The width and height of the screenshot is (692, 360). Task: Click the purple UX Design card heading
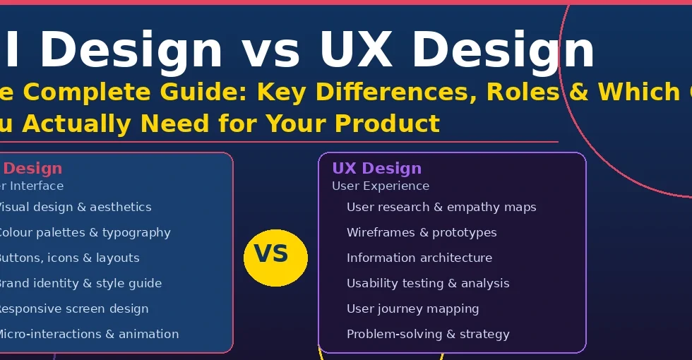(x=376, y=168)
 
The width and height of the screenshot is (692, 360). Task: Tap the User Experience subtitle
(x=381, y=186)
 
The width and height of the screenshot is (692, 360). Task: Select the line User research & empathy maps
(x=441, y=207)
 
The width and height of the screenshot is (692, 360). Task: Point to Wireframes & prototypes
(x=422, y=232)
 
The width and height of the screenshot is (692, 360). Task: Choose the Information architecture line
(x=419, y=258)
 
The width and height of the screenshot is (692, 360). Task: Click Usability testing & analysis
(x=428, y=283)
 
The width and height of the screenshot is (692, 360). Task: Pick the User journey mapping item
(x=412, y=308)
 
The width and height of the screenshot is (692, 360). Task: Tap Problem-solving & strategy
(x=428, y=334)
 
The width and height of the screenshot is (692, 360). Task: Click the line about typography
(x=85, y=232)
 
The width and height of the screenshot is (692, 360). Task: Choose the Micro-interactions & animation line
(x=88, y=334)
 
